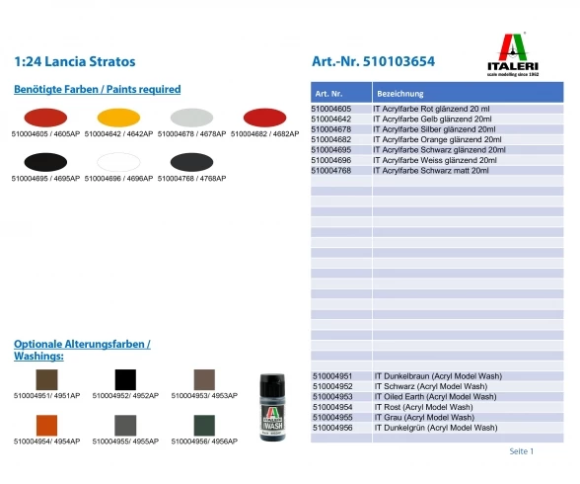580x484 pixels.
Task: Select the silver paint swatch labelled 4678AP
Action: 190,118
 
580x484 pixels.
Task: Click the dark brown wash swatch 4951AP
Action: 45,378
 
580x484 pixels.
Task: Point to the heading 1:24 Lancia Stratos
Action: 75,61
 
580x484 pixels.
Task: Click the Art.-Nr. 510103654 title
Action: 373,61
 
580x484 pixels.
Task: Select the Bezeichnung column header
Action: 399,92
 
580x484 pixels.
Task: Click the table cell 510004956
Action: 331,428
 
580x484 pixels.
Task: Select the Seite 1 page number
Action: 521,451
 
